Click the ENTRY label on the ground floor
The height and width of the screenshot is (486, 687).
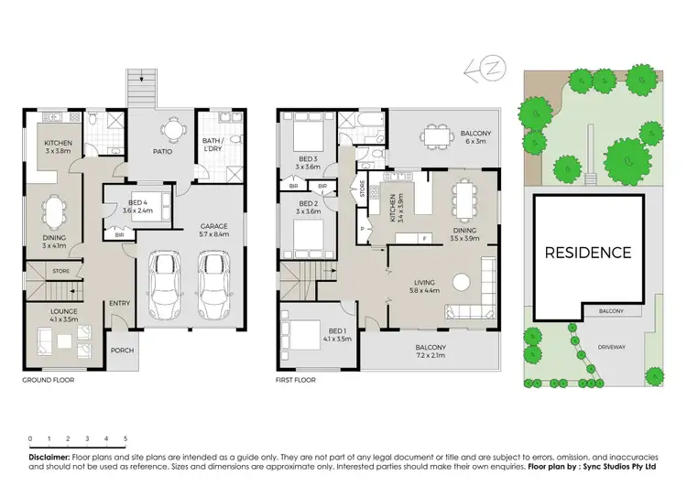(119, 304)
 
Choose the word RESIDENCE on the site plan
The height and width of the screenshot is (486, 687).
(588, 253)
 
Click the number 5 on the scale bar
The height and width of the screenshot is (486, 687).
(125, 438)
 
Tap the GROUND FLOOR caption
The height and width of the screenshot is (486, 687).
(48, 379)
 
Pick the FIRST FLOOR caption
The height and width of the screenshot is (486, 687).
(295, 379)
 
